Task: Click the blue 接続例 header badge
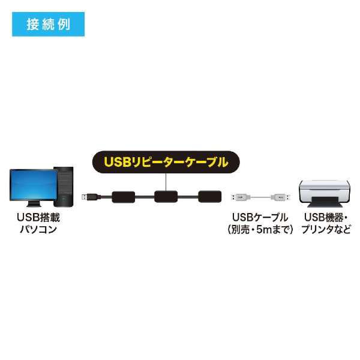click(48, 25)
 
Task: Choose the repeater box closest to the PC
click(123, 196)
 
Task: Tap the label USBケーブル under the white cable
click(260, 217)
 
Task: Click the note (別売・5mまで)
click(260, 229)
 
